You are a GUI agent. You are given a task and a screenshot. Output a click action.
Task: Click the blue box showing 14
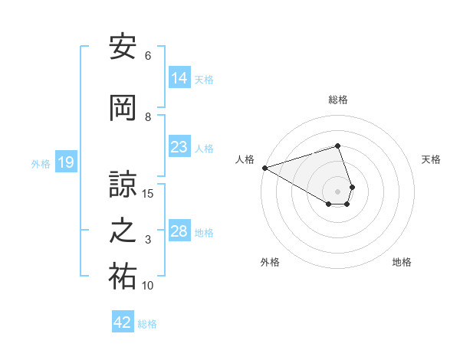coord(179,78)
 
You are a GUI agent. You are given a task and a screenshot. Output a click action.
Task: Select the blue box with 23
coord(179,147)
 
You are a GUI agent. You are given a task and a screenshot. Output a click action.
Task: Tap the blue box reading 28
coord(179,231)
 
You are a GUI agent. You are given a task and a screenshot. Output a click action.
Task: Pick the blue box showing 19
coord(66,162)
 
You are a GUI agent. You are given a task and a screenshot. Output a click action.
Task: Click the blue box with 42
coord(123,322)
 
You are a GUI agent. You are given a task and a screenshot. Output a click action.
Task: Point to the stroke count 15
coord(148,193)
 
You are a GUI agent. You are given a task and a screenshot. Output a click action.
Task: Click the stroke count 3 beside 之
coord(148,241)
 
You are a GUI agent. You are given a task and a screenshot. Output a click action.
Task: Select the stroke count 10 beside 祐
coord(148,286)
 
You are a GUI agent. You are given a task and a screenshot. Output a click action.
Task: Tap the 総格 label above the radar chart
coord(338,100)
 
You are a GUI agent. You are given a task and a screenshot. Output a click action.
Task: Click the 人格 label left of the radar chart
coord(245,159)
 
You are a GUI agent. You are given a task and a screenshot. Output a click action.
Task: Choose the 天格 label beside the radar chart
coord(431,159)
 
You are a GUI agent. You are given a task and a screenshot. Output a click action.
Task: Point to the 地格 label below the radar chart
coord(402,263)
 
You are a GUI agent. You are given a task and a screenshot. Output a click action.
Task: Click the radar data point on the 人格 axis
coord(264,168)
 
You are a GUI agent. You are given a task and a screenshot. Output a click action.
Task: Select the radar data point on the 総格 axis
coord(337,146)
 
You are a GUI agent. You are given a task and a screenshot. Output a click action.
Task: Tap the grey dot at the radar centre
coord(337,191)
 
